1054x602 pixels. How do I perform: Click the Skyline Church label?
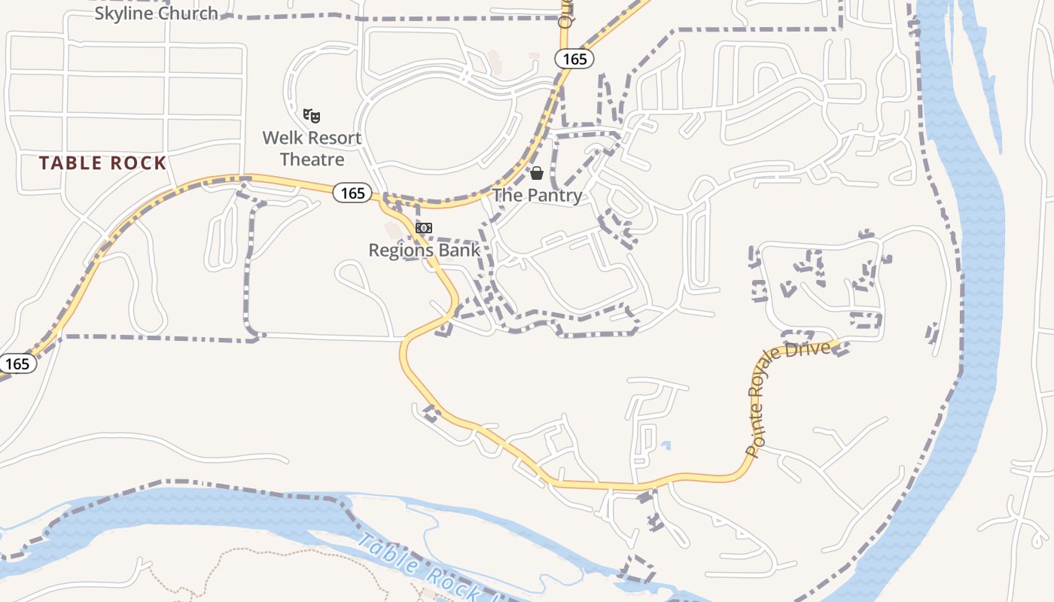point(157,13)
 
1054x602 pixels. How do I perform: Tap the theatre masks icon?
point(312,116)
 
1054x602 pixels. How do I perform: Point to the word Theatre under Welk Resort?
point(312,160)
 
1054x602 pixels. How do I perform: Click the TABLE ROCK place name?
point(102,163)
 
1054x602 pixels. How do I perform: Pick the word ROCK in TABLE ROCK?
point(138,163)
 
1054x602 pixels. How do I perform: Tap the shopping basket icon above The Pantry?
point(537,174)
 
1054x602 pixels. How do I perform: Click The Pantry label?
point(538,196)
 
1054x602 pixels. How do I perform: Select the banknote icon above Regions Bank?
point(424,228)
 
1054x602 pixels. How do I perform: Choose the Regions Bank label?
point(424,250)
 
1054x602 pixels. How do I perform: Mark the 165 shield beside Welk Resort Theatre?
point(352,193)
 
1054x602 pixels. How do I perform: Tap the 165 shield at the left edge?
point(17,364)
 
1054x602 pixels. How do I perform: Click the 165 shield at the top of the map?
point(575,59)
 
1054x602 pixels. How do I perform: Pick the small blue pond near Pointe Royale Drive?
point(665,445)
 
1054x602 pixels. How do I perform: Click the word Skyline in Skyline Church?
point(123,13)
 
